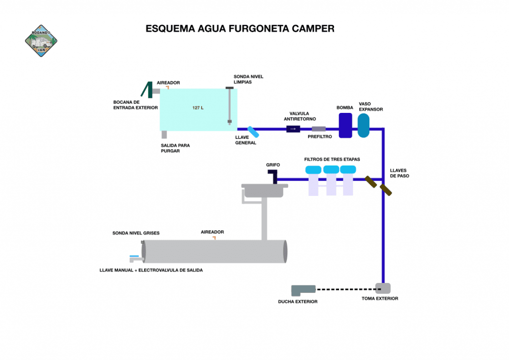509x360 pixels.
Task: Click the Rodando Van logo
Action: pos(41,41)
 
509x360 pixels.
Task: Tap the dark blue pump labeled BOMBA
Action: pos(345,126)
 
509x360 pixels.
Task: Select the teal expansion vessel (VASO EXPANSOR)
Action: pos(364,126)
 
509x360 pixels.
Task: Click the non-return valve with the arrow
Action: pos(293,129)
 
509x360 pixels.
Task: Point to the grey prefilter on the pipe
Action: pos(318,129)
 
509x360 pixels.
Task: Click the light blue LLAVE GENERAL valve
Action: pos(253,132)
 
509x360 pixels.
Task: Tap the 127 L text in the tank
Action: pos(198,108)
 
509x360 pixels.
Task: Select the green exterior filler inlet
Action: pos(147,90)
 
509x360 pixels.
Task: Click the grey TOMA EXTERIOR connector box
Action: pos(383,288)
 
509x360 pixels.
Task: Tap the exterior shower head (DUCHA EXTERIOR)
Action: pos(303,289)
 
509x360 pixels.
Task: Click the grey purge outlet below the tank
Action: pos(164,135)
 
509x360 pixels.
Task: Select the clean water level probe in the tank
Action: pos(229,105)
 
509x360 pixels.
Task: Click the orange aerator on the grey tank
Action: pos(214,238)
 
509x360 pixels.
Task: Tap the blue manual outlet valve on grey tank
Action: pos(135,258)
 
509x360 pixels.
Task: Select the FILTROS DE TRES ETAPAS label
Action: pos(332,159)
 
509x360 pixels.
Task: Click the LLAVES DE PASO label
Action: pos(400,173)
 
